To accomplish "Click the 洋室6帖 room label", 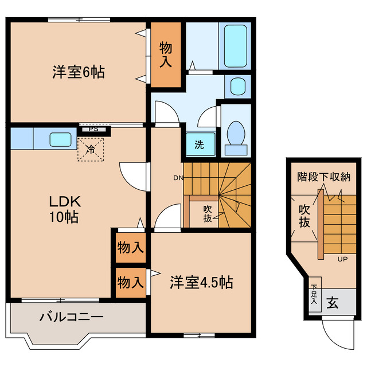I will (79, 73).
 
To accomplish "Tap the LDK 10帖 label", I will (63, 209).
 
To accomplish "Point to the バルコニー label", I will (71, 317).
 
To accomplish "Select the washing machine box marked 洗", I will (198, 145).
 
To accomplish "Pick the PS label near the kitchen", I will (93, 130).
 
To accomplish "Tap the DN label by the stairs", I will (178, 178).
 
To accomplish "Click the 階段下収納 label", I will (324, 176).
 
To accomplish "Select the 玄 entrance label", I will (332, 303).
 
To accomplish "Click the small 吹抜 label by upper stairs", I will (208, 213).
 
